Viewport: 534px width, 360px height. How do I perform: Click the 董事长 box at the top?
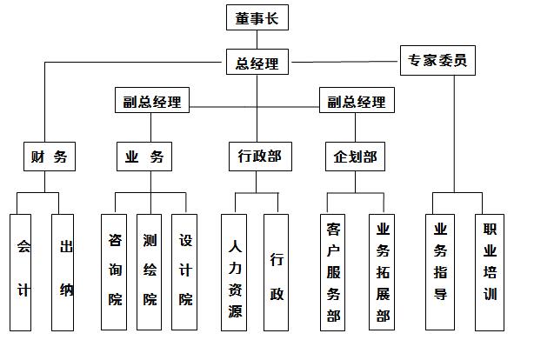(257, 17)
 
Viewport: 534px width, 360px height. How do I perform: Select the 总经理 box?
(257, 62)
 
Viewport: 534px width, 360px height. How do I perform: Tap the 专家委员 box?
(437, 60)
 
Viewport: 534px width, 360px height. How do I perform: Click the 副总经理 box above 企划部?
(357, 100)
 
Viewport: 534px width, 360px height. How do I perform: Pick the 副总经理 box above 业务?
(152, 100)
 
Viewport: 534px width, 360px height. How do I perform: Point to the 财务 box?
(50, 157)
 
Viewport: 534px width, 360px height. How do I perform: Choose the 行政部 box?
(260, 157)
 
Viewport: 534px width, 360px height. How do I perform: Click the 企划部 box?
(355, 157)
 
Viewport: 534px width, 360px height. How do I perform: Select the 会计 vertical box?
(20, 272)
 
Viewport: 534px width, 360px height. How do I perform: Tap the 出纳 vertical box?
(63, 272)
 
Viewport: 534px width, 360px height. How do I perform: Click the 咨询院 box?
(114, 272)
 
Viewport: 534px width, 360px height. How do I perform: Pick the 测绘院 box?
(150, 272)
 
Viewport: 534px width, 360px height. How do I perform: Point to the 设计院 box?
(184, 272)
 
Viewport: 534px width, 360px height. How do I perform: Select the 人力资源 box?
(234, 272)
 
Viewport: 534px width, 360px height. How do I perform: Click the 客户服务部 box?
(332, 272)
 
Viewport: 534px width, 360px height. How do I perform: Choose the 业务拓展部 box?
(382, 272)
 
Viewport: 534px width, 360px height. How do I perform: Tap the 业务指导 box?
(440, 272)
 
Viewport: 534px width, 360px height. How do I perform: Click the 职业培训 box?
(490, 272)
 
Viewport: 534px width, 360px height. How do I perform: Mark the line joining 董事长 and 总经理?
(257, 39)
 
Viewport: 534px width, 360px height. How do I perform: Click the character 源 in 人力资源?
(235, 311)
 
